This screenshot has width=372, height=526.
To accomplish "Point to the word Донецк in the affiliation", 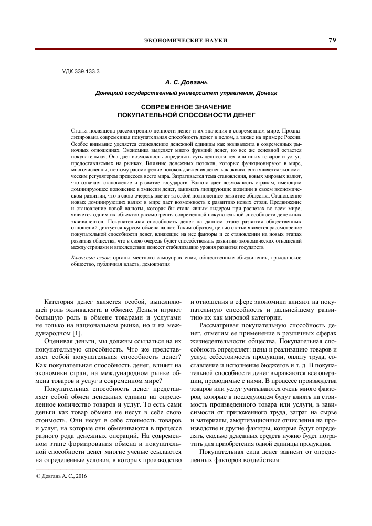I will [x=266, y=93].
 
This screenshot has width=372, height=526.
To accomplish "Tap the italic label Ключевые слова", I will [x=89, y=258].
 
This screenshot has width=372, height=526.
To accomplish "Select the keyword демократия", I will [x=154, y=265].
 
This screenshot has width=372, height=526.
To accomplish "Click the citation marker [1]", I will [x=77, y=333].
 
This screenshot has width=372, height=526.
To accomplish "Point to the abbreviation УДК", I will [x=69, y=70].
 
